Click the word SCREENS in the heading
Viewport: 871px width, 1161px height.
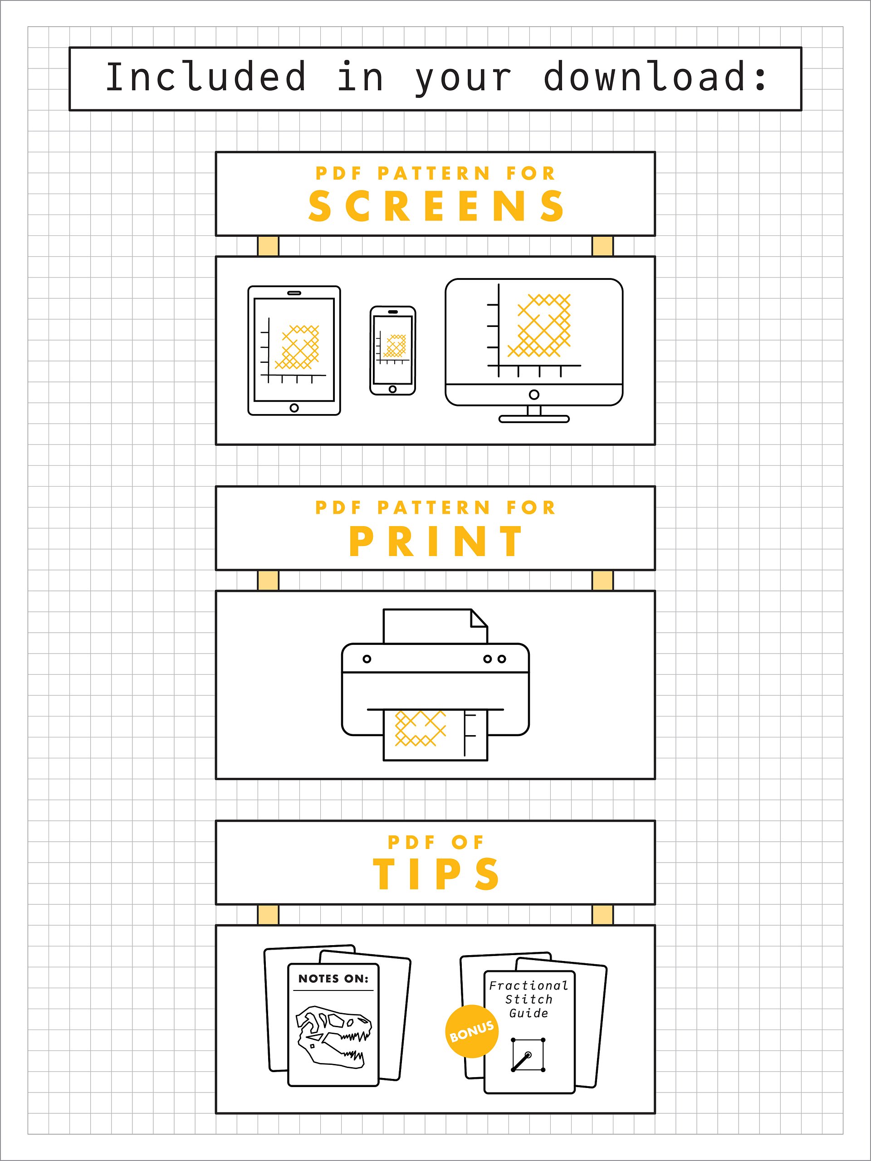436,206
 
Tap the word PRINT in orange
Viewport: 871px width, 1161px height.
436,541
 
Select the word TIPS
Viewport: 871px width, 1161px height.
436,874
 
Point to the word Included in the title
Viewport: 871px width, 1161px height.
206,77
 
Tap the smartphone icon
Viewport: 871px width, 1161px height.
393,351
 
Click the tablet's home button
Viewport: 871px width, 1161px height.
294,408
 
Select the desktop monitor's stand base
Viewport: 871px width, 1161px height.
534,419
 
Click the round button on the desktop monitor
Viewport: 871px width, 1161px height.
534,395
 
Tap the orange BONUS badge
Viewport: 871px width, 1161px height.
471,1031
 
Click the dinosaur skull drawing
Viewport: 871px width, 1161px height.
334,1037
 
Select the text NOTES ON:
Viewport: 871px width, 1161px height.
333,979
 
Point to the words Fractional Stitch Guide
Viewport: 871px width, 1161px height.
528,1000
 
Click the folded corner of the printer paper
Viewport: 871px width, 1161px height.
479,618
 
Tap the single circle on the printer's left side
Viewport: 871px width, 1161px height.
367,659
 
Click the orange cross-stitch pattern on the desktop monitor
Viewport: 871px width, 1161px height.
539,326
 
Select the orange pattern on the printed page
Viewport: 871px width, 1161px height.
420,728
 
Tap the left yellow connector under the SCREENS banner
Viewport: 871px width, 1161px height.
268,246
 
